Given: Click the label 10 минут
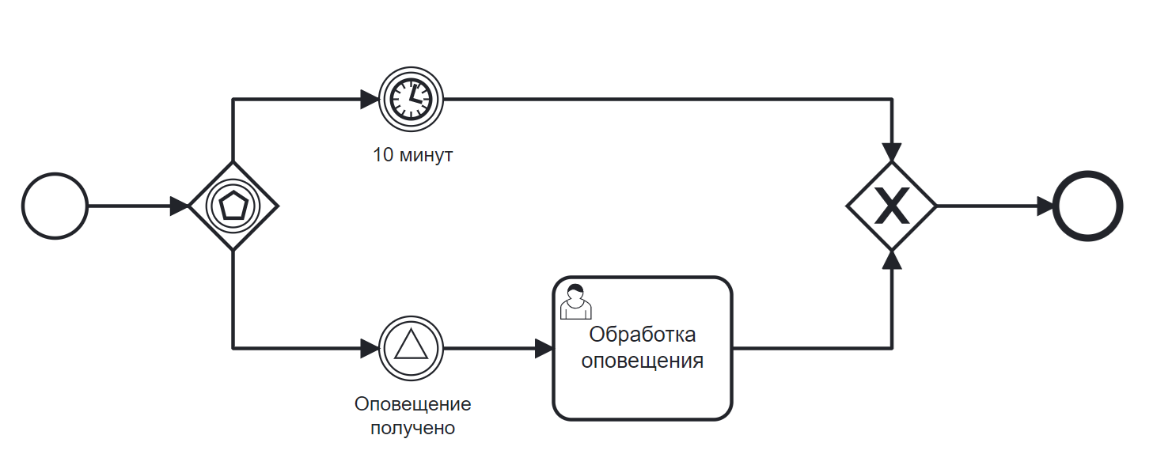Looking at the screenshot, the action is pos(413,155).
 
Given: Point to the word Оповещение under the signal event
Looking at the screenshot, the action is pos(413,404).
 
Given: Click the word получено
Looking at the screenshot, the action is pos(413,428).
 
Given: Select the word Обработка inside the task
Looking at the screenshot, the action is pos(643,335).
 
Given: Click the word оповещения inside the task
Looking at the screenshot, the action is pos(643,361).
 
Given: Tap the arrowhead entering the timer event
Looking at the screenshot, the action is pos(370,99).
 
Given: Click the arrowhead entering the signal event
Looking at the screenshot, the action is pos(370,348).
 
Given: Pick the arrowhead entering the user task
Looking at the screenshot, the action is pos(544,348).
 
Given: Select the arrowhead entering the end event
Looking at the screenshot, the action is pos(1045,206).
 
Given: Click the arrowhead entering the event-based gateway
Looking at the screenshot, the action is pos(180,206).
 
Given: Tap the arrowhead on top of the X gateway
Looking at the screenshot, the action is pos(892,152).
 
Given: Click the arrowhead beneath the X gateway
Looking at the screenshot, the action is pos(892,260).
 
